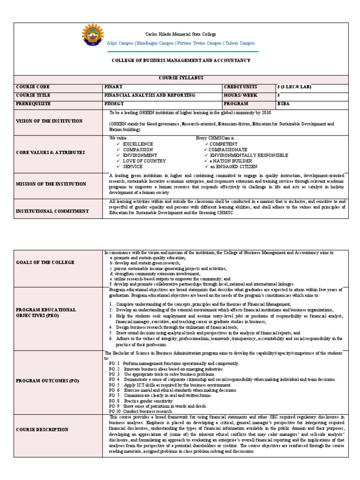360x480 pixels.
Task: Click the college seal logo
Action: pos(93,36)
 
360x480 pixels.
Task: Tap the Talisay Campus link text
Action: pos(240,43)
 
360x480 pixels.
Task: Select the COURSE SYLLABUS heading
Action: pos(180,78)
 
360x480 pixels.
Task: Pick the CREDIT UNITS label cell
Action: pos(241,87)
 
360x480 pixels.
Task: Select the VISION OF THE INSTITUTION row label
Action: pos(49,121)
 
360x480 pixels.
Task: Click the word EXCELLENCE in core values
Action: pos(138,144)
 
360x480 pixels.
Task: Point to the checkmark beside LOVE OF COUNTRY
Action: pos(118,161)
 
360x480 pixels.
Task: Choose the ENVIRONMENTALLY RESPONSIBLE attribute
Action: pos(248,155)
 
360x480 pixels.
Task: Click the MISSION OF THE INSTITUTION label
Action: pos(51,184)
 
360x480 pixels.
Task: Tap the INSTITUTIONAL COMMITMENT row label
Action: pos(52,211)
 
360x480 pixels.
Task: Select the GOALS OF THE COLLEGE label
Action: pos(45,262)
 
